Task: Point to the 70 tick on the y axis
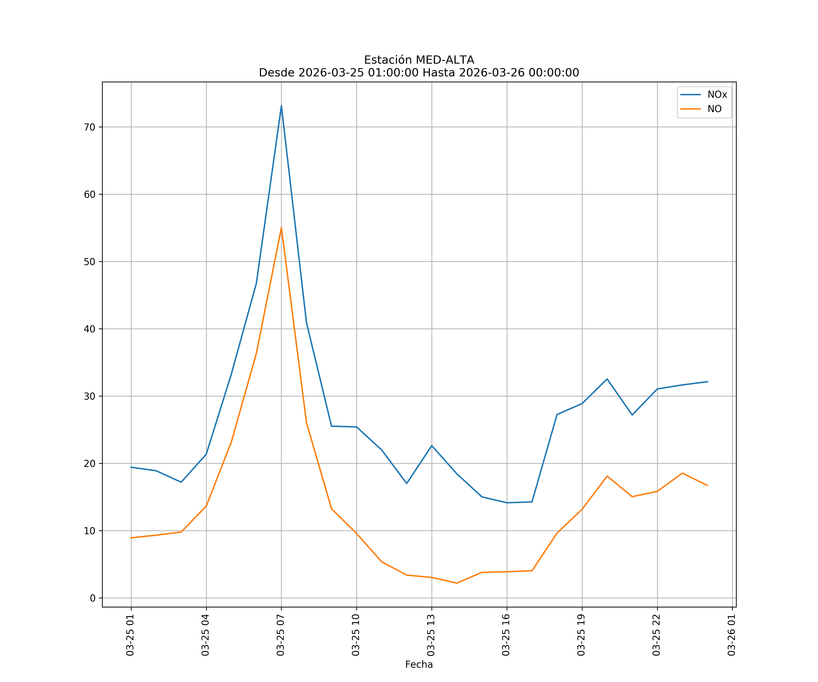click(90, 127)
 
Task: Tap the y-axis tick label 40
click(90, 329)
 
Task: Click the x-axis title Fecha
click(419, 664)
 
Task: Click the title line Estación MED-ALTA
click(419, 60)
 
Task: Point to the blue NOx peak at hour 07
click(281, 106)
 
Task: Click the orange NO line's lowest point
click(456, 583)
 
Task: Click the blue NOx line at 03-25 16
click(507, 503)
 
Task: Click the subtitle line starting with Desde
click(419, 73)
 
